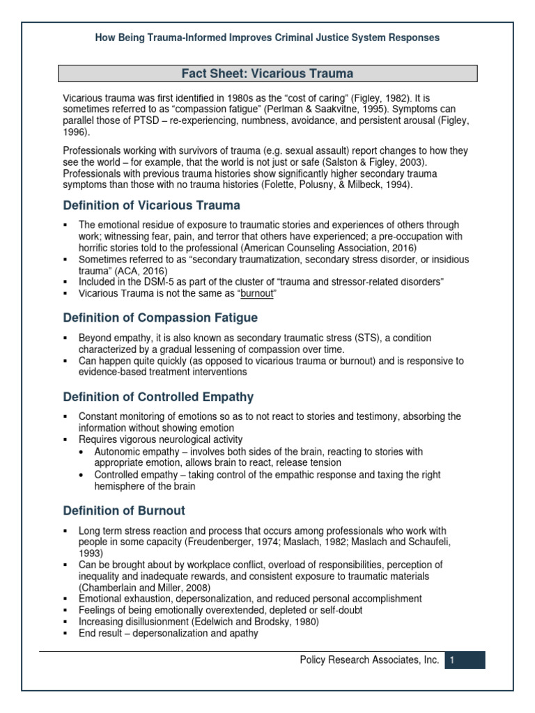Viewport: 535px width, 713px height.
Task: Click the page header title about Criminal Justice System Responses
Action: coord(267,38)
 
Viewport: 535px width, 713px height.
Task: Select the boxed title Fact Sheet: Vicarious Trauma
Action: coord(267,73)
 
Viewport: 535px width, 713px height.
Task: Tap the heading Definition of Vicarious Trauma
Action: coord(151,205)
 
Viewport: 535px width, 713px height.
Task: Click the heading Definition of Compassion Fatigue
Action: coord(160,318)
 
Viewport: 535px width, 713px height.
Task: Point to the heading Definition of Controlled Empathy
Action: coord(158,397)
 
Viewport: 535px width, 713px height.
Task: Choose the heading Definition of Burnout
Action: coord(124,510)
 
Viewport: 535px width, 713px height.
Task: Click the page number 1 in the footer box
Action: coord(452,660)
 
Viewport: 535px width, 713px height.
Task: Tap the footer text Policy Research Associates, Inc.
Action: coord(369,660)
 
